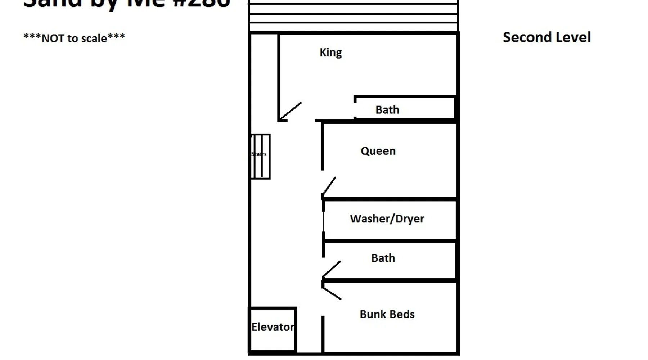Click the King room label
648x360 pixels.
(330, 53)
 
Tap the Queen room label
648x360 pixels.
(378, 151)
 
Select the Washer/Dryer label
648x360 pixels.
(387, 219)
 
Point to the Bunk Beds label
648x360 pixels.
(387, 314)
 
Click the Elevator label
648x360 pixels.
(273, 327)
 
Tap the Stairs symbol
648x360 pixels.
(260, 156)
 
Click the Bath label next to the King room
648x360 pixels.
(387, 109)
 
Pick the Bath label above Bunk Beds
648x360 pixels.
(383, 258)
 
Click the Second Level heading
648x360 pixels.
(546, 37)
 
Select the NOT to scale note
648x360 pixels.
(74, 38)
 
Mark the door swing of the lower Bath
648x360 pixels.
(332, 269)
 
